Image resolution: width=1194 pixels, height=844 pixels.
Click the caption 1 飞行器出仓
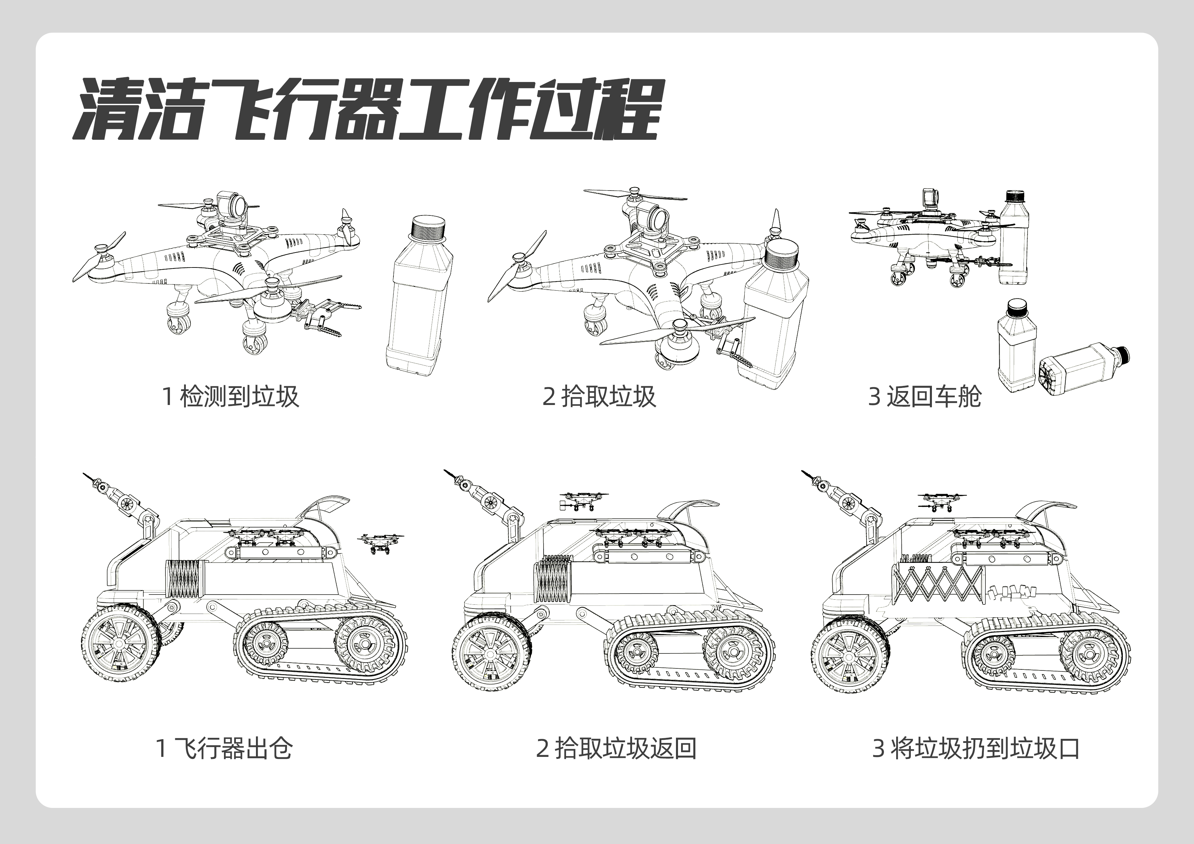tap(224, 749)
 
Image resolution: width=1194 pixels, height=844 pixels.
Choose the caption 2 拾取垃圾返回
tap(616, 749)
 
